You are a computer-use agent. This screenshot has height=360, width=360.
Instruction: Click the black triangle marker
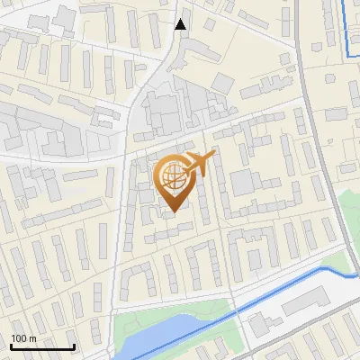pyautogui.click(x=181, y=24)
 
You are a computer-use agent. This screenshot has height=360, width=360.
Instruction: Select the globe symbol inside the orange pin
pyautogui.click(x=173, y=177)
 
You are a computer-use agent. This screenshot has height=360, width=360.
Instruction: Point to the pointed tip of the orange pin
pyautogui.click(x=173, y=211)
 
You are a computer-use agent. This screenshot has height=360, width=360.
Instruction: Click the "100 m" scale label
pyautogui.click(x=23, y=338)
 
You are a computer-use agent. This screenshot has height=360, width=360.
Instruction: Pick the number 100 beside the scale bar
pyautogui.click(x=19, y=338)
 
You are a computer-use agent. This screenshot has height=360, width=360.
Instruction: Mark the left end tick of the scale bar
pyautogui.click(x=11, y=346)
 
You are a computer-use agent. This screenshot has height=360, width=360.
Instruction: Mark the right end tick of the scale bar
pyautogui.click(x=74, y=346)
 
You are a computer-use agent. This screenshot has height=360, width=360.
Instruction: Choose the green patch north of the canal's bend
pyautogui.click(x=335, y=264)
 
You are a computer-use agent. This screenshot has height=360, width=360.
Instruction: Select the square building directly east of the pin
pyautogui.click(x=242, y=183)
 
